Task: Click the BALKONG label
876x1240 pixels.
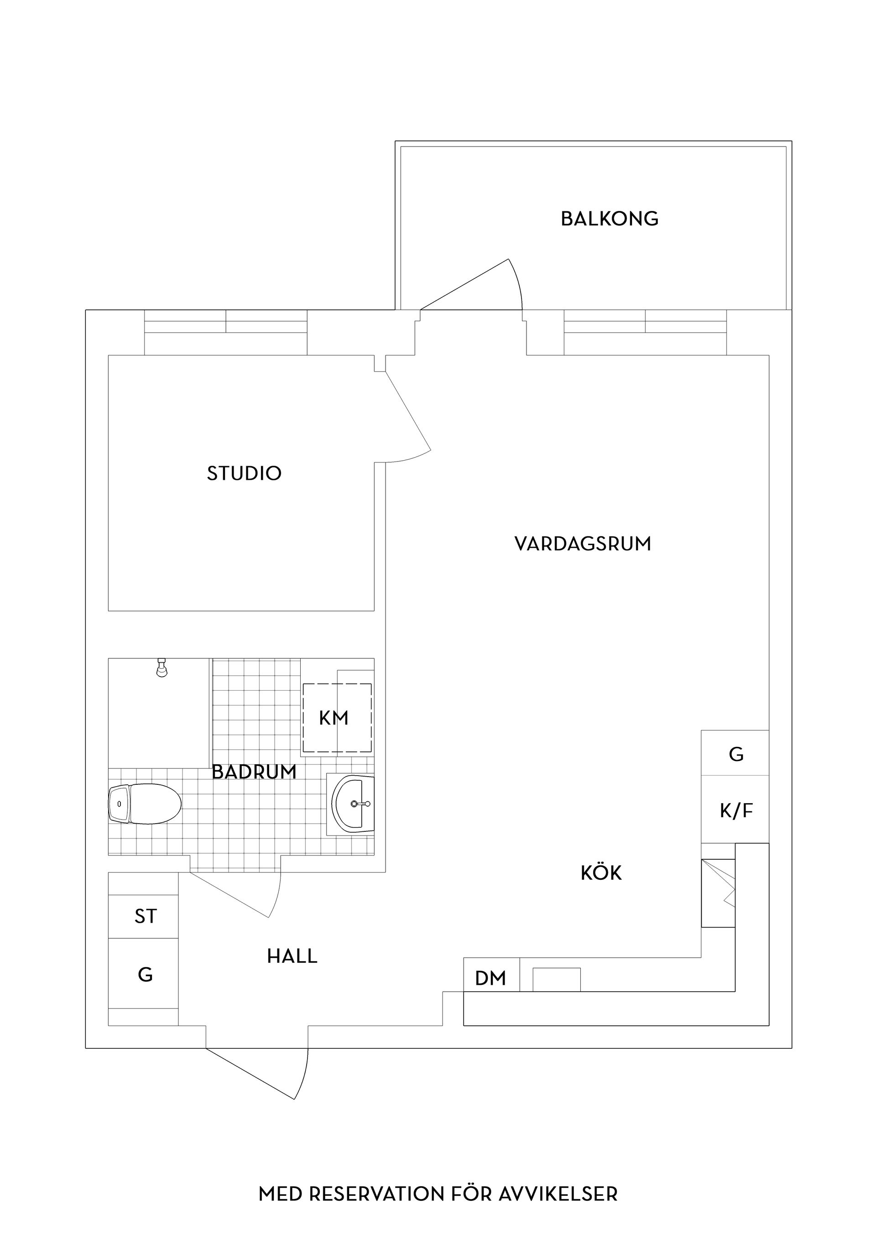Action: point(610,219)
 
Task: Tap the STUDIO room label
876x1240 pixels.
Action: point(244,473)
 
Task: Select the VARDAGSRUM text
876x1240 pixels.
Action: point(583,544)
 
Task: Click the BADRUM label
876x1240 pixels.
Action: point(254,772)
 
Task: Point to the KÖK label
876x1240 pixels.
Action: point(601,873)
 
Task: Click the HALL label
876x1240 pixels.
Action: point(292,956)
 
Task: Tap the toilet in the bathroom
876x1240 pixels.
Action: point(145,804)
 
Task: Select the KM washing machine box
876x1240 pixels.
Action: point(336,718)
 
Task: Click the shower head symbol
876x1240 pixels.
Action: point(161,668)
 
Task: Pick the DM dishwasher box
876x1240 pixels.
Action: point(490,978)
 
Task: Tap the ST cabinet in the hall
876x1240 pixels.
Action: point(145,916)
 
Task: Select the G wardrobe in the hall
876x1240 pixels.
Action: point(145,974)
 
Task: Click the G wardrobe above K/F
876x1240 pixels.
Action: point(735,754)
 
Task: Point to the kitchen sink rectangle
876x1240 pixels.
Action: point(557,980)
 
